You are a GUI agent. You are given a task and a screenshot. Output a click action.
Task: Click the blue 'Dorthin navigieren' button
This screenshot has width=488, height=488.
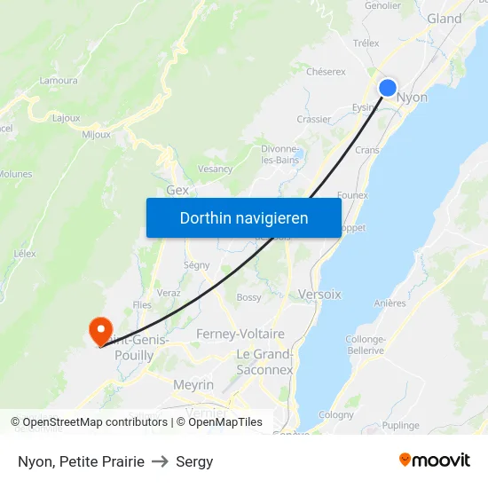coord(244,217)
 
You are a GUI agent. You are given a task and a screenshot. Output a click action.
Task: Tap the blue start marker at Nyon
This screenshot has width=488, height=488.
coord(388,87)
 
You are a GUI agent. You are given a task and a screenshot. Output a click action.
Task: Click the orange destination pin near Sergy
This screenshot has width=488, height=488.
coord(99,329)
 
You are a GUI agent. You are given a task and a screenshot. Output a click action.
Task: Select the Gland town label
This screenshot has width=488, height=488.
coord(444,19)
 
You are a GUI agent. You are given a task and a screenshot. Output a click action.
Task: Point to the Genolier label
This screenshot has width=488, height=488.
coord(382,4)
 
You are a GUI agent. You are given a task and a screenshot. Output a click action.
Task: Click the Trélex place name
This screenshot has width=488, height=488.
coord(366,43)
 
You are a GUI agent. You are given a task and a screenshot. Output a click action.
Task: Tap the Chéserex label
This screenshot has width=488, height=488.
coord(325,72)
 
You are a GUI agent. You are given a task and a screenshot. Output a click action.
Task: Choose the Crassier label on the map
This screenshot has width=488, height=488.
coord(314,119)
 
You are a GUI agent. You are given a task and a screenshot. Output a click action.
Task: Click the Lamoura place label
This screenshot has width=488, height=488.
coord(59,81)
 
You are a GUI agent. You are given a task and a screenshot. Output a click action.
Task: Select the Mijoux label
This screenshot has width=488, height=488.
coord(96,135)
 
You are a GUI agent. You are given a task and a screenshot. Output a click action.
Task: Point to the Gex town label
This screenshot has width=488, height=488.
coord(177,191)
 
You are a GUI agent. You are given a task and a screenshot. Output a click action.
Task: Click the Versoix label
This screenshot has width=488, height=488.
coord(319,294)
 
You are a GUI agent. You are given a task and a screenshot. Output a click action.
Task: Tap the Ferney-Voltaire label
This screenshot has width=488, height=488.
coord(240,334)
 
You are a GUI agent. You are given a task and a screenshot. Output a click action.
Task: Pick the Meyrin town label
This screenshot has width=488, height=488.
coord(193,385)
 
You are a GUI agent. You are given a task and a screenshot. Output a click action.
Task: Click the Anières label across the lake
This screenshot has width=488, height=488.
coord(390,303)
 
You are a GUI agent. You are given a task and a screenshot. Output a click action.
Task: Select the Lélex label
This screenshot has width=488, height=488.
coord(25,253)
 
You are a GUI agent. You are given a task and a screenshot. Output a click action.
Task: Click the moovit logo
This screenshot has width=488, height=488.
coord(434,460)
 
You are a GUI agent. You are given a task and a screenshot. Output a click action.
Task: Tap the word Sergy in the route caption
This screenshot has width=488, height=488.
coord(194,461)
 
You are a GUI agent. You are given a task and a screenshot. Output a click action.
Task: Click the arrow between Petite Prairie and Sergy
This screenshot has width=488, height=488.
coord(161,461)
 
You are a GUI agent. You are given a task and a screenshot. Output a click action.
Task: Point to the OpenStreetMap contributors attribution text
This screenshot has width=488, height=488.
coord(95,422)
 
